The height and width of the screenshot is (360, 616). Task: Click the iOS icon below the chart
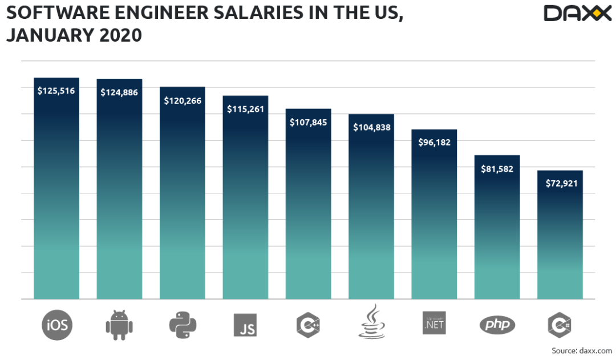pyautogui.click(x=56, y=325)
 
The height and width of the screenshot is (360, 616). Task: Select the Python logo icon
pyautogui.click(x=183, y=325)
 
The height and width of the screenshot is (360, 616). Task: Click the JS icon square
pyautogui.click(x=245, y=325)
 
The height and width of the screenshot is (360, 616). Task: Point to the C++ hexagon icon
pyautogui.click(x=309, y=325)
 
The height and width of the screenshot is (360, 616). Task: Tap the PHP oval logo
pyautogui.click(x=497, y=325)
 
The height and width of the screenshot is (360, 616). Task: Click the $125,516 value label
pyautogui.click(x=56, y=91)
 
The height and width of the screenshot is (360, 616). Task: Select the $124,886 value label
pyautogui.click(x=119, y=92)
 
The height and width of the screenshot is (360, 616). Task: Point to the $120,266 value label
pyautogui.click(x=183, y=100)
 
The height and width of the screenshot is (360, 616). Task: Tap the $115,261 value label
pyautogui.click(x=245, y=109)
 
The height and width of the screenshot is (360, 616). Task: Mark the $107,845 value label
pyautogui.click(x=309, y=122)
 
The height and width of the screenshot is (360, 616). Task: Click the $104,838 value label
pyautogui.click(x=371, y=128)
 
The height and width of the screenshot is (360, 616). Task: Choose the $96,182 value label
pyautogui.click(x=434, y=143)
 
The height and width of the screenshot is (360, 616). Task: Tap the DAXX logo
pyautogui.click(x=577, y=13)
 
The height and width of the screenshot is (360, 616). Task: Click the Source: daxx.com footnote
pyautogui.click(x=581, y=350)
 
